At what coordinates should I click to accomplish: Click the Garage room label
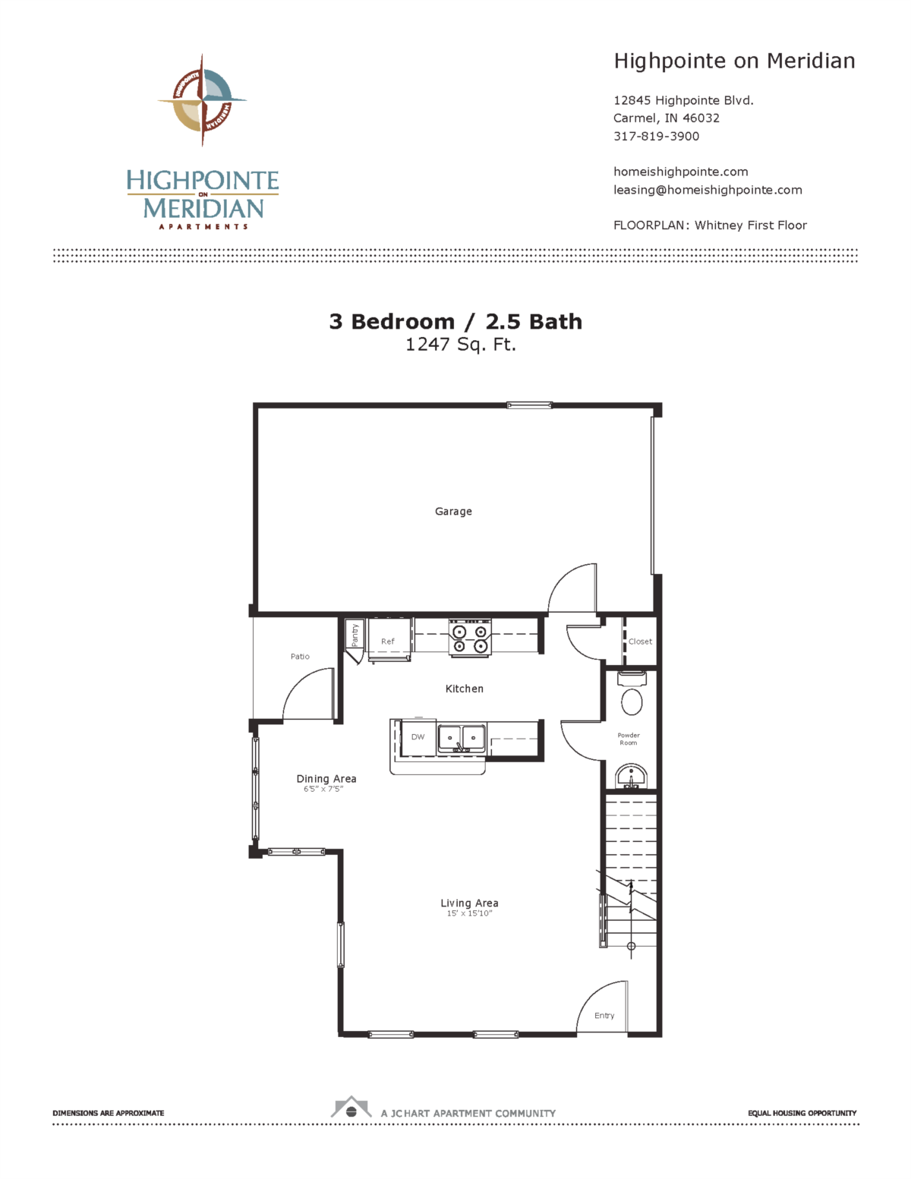(453, 512)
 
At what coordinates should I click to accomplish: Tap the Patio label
(300, 657)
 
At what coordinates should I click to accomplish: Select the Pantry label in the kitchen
(355, 635)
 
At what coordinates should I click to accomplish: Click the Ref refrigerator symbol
(389, 642)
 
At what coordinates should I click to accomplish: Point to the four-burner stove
(470, 638)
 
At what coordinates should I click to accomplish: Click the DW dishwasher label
(418, 737)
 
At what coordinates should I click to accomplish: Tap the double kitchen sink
(462, 738)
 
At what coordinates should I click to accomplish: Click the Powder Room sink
(630, 777)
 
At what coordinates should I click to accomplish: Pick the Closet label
(640, 642)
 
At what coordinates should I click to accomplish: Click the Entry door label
(604, 1016)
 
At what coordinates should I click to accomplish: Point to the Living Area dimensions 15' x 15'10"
(469, 914)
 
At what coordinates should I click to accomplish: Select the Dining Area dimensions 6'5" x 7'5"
(323, 790)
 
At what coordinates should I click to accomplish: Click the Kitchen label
(464, 689)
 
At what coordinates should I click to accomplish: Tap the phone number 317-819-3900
(656, 137)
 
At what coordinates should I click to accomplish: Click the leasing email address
(708, 191)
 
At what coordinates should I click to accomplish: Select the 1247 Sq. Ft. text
(460, 345)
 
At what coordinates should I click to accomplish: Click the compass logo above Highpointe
(202, 99)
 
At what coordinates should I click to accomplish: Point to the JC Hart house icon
(351, 1108)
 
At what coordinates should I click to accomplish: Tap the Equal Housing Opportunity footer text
(802, 1113)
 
